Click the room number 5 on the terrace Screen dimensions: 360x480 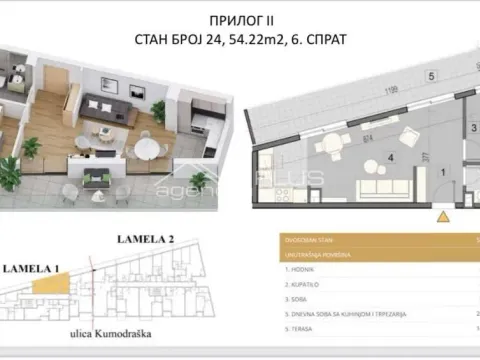click(x=402, y=76)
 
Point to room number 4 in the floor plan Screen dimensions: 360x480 click(x=391, y=157)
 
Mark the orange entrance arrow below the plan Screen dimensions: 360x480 click(x=439, y=214)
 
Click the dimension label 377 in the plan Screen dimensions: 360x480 click(x=425, y=156)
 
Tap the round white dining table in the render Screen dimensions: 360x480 click(x=145, y=147)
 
